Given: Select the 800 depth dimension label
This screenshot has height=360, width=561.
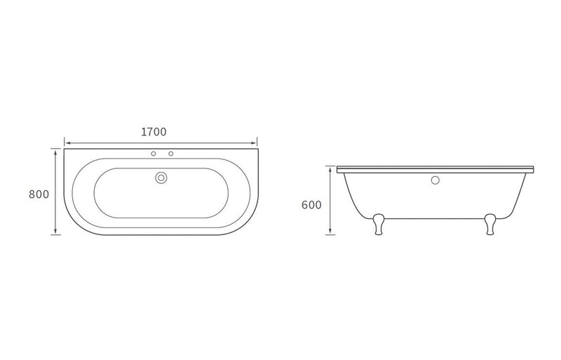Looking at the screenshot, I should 39,194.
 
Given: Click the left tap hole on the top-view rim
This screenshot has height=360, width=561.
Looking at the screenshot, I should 153,154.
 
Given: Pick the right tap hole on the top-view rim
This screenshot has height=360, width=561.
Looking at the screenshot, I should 170,154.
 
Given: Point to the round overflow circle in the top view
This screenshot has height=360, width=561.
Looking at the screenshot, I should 161,178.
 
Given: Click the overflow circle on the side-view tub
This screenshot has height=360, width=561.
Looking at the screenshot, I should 434,180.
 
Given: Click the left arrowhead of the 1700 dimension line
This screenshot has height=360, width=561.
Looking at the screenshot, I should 67,141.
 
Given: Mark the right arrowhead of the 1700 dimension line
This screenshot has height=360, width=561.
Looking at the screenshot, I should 256,141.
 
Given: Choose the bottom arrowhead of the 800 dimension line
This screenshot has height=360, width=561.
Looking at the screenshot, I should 55,234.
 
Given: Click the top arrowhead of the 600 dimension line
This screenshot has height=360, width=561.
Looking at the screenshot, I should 329,169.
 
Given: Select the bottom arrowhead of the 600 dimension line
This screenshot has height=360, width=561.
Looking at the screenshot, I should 329,234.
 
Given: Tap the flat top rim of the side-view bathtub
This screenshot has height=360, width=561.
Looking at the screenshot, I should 435,170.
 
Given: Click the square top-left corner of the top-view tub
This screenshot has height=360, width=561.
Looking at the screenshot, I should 65,148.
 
